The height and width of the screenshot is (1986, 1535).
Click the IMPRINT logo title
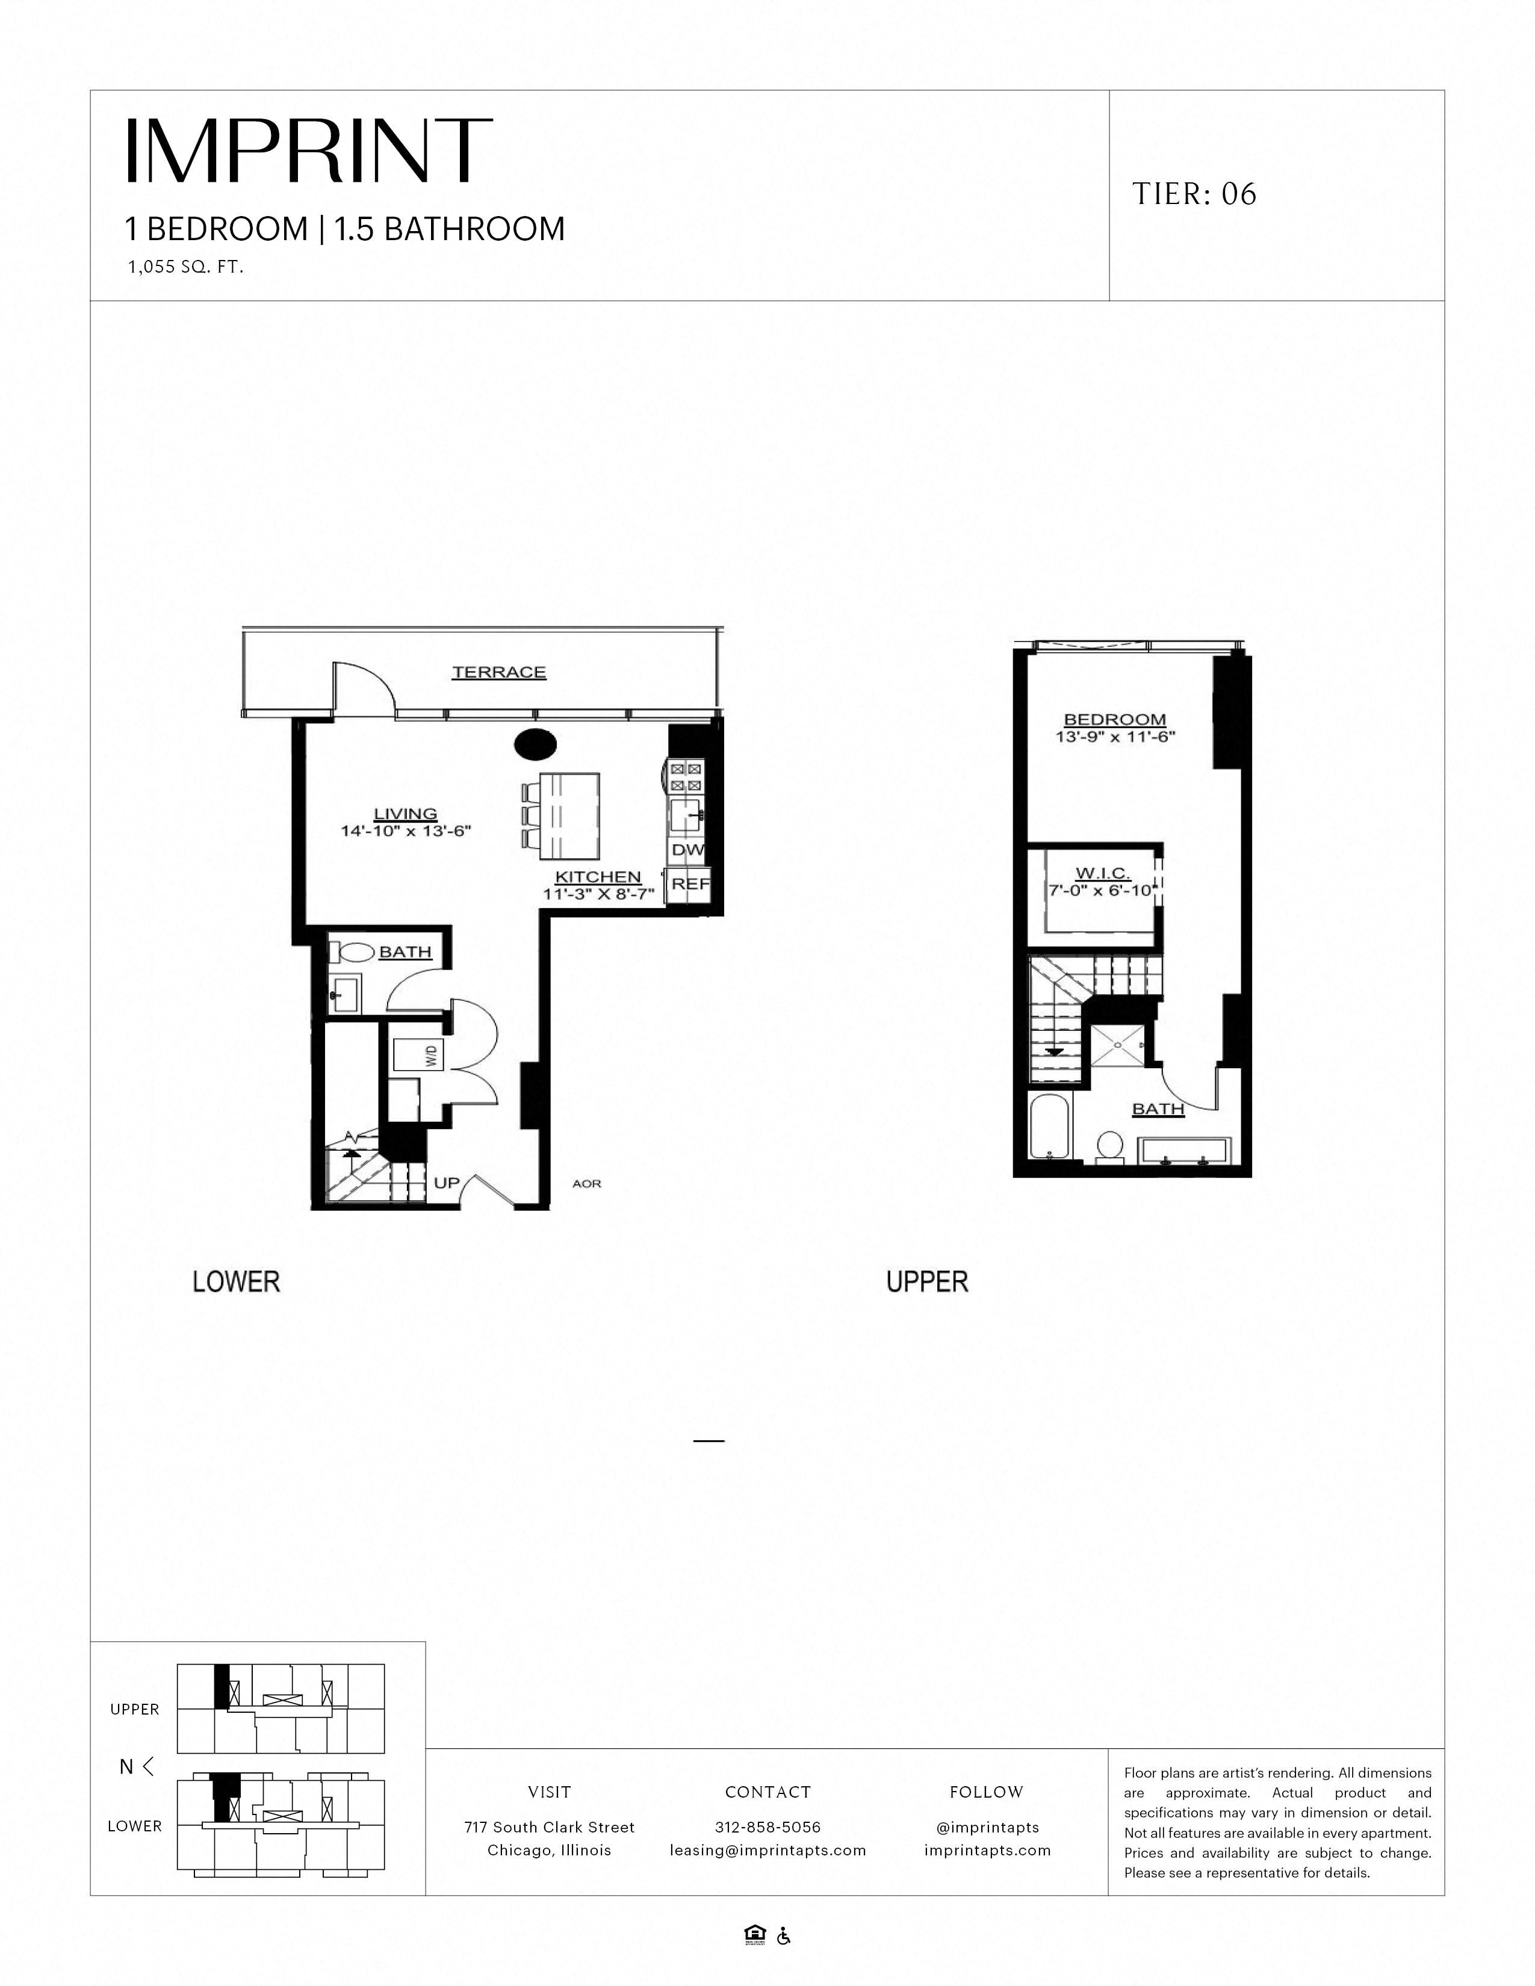click(308, 151)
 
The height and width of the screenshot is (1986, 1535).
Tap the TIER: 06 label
click(1194, 194)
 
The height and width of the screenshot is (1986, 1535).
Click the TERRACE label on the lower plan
click(499, 672)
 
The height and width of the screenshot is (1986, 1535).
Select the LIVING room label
click(406, 814)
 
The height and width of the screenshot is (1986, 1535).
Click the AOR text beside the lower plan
click(586, 1184)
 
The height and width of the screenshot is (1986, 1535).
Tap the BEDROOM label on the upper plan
click(1114, 719)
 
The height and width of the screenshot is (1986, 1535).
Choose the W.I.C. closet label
click(1102, 874)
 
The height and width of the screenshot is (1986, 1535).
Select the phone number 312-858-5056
click(767, 1827)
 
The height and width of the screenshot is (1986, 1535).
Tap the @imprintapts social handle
click(987, 1827)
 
